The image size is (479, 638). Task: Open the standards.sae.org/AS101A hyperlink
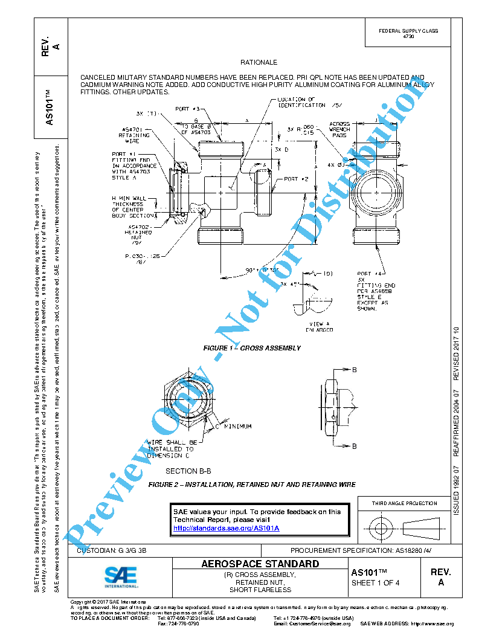tap(226, 528)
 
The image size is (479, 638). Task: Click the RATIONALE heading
tap(259, 62)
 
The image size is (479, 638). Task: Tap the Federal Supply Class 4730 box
tap(408, 33)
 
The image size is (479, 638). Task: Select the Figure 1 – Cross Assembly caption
tap(251, 348)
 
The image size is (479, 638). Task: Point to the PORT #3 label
tap(187, 109)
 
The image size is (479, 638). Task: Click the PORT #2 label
tap(297, 179)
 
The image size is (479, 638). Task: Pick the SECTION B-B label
tap(188, 471)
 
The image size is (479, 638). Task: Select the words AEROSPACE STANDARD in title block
tap(260, 564)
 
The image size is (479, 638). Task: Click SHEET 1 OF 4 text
tap(375, 583)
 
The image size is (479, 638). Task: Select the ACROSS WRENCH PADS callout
tap(339, 129)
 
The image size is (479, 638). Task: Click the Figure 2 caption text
tap(251, 485)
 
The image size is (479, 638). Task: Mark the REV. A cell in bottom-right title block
tap(440, 577)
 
